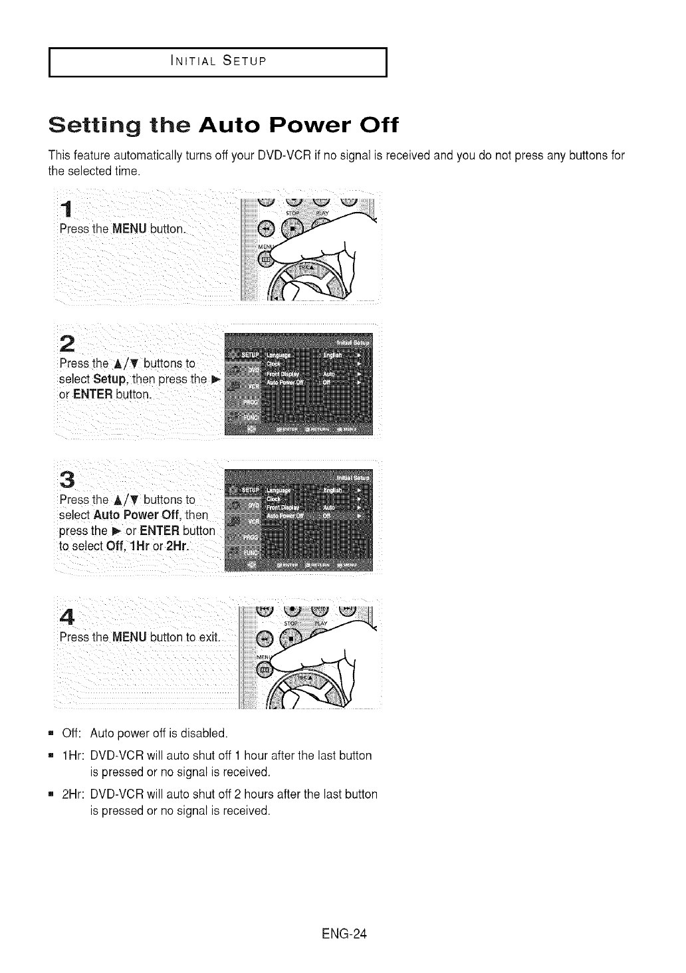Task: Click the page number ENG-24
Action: (x=344, y=934)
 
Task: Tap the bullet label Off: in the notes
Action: (x=71, y=734)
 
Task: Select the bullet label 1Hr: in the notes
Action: (x=72, y=756)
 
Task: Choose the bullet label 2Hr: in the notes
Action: (x=72, y=794)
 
